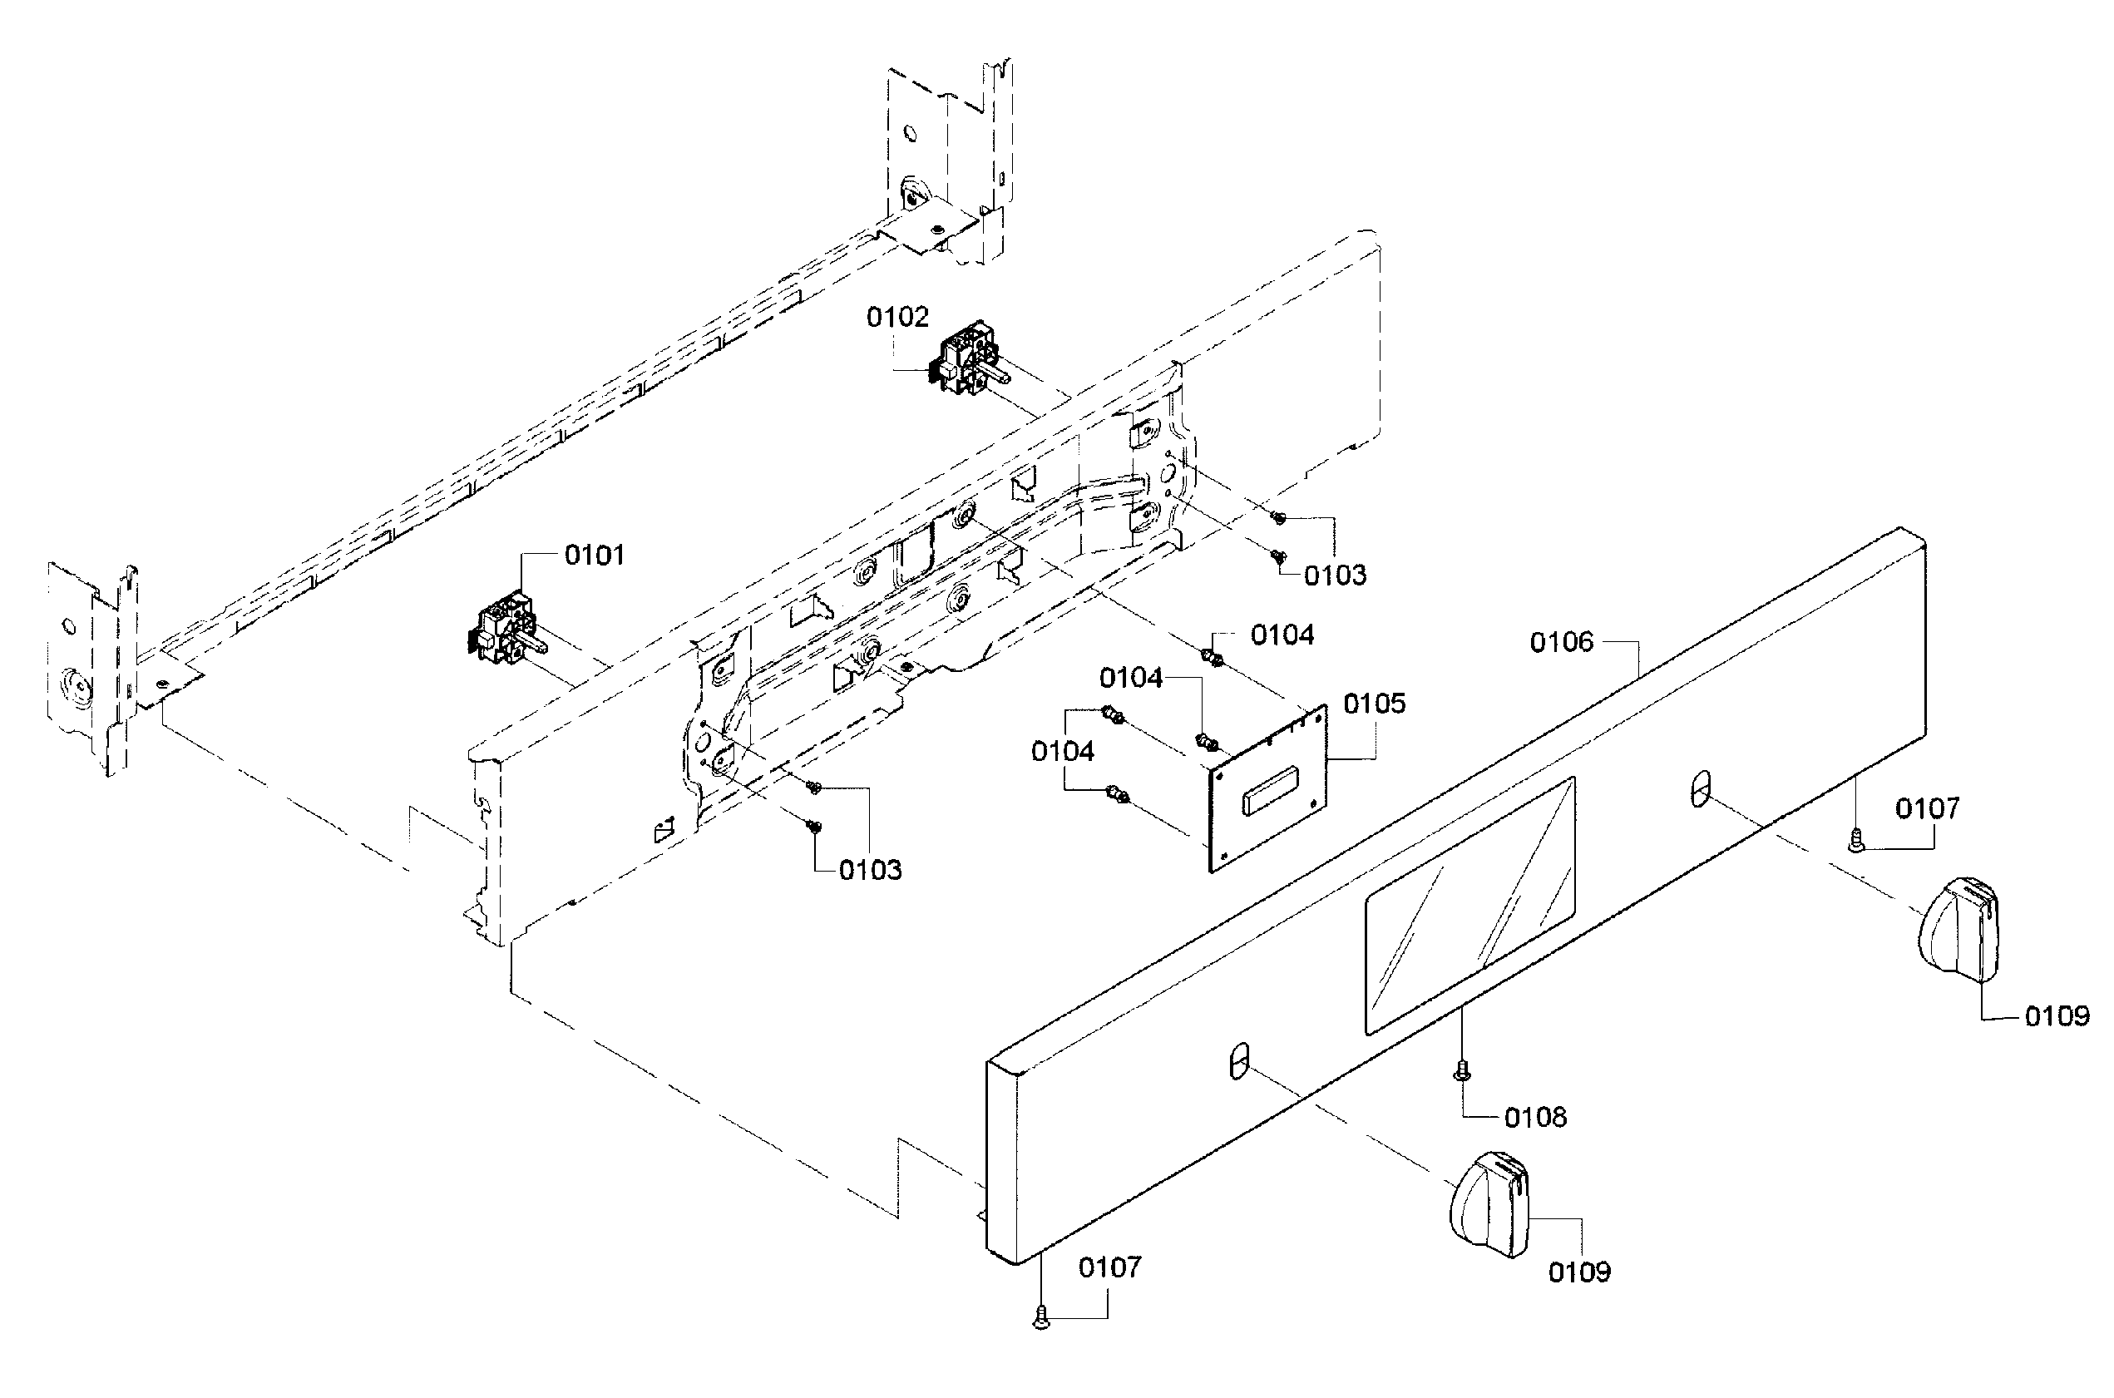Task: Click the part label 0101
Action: pos(595,556)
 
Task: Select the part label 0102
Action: pos(897,318)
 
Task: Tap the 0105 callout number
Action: pos(1374,704)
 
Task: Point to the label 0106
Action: pos(1560,642)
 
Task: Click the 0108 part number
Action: pos(1534,1117)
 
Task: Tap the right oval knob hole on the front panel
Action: pos(1702,789)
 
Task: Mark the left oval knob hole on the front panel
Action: pos(1237,1060)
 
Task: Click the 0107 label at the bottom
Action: pos(1109,1267)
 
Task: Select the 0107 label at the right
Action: pos(1927,808)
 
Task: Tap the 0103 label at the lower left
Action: pos(870,870)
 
